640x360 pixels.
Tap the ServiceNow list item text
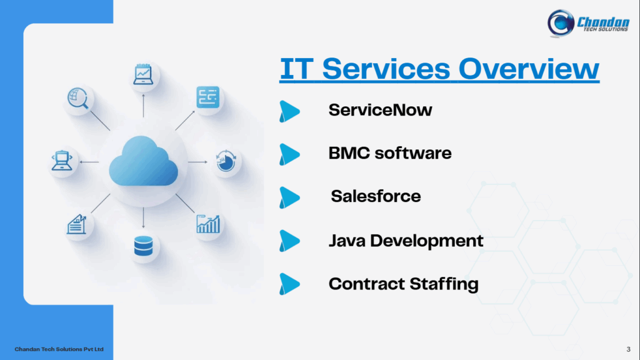(x=380, y=111)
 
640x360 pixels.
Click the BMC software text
(x=390, y=153)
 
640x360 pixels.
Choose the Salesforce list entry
(x=376, y=196)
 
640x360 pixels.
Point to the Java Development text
(x=406, y=241)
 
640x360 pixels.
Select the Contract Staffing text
(x=403, y=284)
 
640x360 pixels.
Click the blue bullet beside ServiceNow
(x=289, y=111)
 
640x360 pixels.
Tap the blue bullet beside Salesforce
(x=289, y=197)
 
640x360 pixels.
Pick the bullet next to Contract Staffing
(x=289, y=284)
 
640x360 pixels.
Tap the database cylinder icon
(x=143, y=247)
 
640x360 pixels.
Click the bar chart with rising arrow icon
(x=208, y=224)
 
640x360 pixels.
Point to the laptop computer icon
(x=62, y=161)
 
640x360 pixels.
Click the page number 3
(x=627, y=347)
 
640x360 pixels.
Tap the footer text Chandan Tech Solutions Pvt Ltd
(x=59, y=348)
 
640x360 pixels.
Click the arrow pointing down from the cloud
(x=143, y=217)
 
